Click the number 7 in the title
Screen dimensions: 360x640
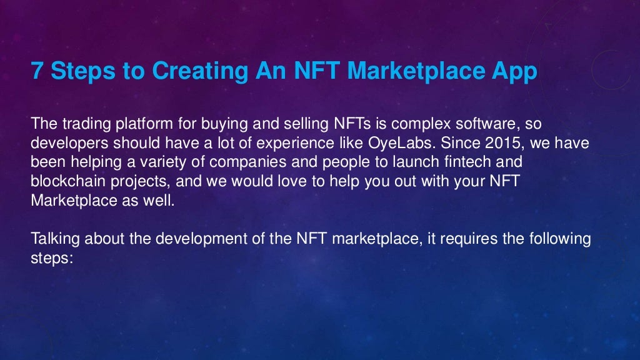click(37, 72)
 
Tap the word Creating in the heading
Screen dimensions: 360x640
click(198, 72)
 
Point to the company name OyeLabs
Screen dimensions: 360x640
click(410, 142)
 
